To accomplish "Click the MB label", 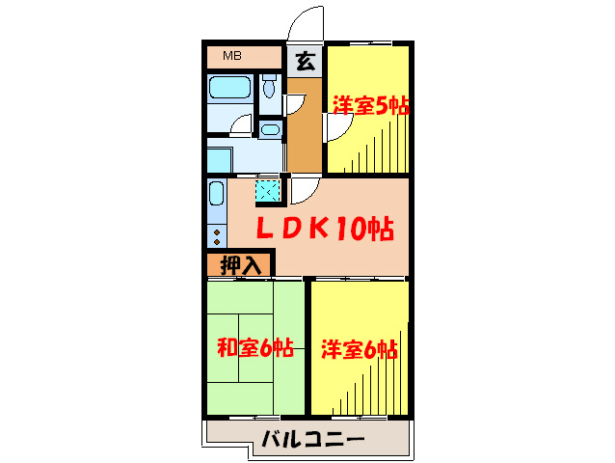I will (x=232, y=55).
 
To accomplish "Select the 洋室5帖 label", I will (x=371, y=105).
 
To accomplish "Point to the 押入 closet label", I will (x=240, y=263).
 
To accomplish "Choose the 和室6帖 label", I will (x=254, y=348).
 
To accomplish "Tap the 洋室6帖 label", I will (x=359, y=348).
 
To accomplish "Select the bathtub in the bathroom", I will (x=230, y=90).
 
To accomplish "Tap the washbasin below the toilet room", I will (x=270, y=129).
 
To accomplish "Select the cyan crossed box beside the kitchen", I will (x=267, y=192).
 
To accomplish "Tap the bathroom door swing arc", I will (x=241, y=125).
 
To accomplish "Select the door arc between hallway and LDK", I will (x=305, y=189).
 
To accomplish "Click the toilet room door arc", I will (x=297, y=99).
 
